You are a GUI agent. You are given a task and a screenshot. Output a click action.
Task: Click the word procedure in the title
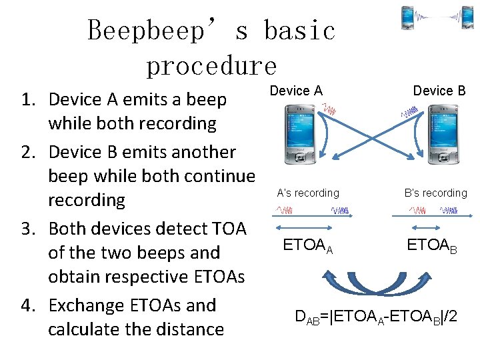point(211,65)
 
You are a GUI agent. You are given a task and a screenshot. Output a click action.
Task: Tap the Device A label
point(296,91)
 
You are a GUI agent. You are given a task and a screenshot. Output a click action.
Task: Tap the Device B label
point(439,91)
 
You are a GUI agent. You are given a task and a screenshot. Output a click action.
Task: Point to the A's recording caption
point(308,193)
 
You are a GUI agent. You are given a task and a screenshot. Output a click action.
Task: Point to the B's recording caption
point(435,193)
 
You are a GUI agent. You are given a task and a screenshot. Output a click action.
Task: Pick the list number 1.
point(27,100)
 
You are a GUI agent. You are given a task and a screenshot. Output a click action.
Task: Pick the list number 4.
point(27,305)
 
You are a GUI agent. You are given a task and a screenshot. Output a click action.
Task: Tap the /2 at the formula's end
point(450,316)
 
